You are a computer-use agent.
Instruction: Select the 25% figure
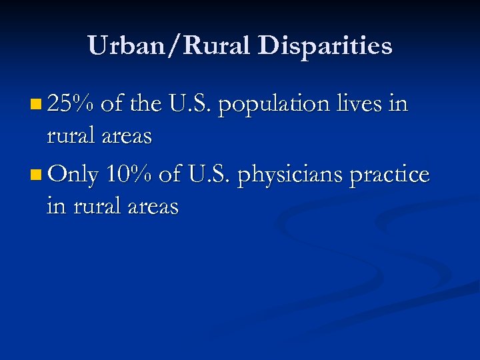(x=73, y=104)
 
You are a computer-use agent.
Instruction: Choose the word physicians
(x=290, y=175)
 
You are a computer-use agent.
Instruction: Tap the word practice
(x=390, y=175)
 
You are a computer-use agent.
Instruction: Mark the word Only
(x=73, y=175)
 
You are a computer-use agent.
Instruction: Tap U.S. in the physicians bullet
(x=210, y=175)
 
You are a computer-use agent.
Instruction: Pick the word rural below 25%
(x=70, y=137)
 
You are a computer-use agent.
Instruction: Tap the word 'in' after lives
(x=398, y=104)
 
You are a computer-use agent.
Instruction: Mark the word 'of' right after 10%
(x=170, y=175)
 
